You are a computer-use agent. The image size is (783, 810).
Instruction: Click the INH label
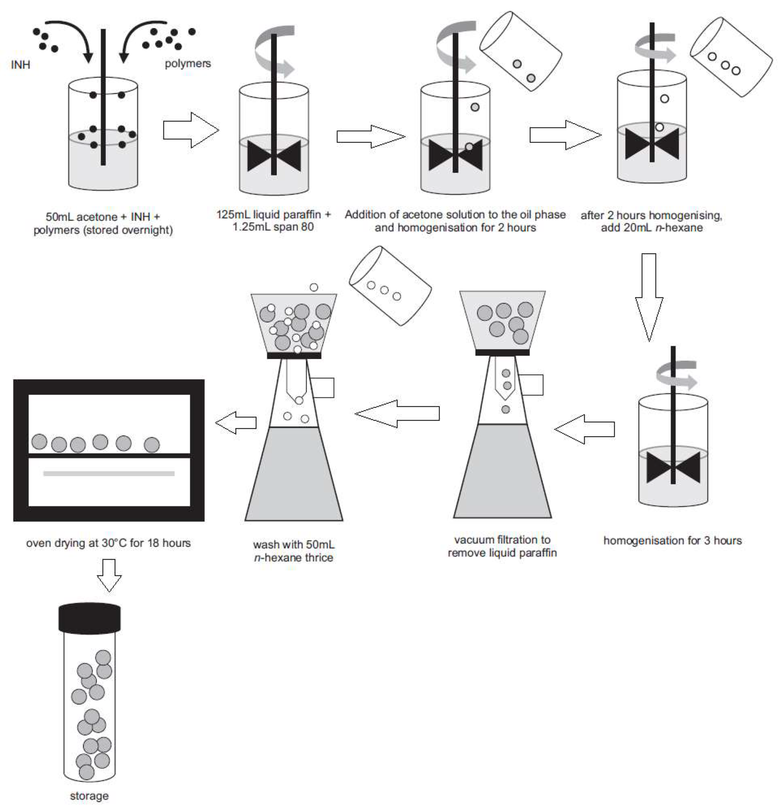point(20,65)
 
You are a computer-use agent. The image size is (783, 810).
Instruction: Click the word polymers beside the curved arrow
point(187,63)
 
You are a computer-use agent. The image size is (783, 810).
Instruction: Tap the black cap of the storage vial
point(89,619)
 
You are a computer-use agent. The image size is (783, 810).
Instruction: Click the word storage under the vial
point(89,796)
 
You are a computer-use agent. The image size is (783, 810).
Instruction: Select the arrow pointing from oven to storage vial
point(109,574)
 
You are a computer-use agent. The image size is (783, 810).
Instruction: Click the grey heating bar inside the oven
point(108,474)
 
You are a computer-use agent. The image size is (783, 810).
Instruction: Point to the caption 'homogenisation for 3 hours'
point(672,541)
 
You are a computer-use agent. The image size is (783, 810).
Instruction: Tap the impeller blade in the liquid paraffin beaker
point(274,156)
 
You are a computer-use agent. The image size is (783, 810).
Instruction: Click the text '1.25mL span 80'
point(273,227)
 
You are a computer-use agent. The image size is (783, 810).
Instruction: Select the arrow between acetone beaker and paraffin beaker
point(190,130)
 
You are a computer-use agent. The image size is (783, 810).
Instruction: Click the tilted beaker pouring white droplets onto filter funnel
point(390,286)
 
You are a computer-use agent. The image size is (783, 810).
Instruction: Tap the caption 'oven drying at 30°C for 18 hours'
point(108,543)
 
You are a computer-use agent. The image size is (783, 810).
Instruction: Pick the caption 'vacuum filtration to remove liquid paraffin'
point(502,546)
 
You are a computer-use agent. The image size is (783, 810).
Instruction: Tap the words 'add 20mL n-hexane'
point(652,228)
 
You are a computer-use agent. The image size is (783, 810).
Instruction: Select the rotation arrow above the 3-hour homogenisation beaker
point(676,375)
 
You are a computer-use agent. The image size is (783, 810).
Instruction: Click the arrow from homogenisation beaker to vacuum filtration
point(584,429)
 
